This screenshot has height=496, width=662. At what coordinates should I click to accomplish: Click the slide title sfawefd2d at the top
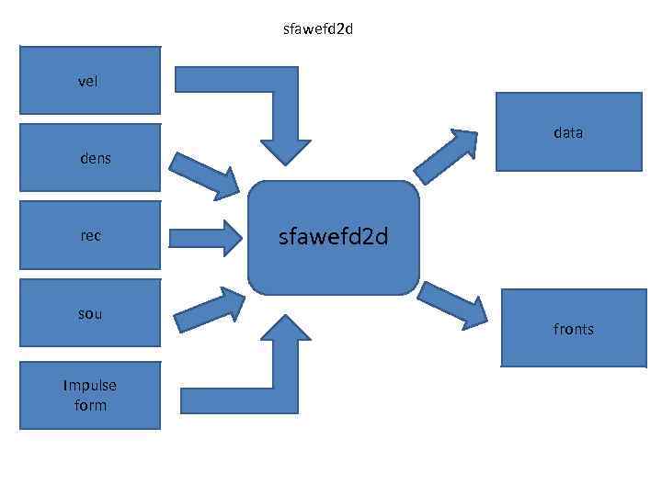pos(319,29)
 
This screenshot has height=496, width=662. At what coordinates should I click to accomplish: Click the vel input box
pos(90,81)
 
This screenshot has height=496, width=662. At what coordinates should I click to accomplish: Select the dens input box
pos(90,158)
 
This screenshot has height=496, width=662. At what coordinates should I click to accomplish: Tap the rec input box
pos(90,235)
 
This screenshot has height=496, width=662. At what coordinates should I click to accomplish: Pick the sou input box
pos(90,313)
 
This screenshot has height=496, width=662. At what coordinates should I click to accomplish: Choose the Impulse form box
pos(90,395)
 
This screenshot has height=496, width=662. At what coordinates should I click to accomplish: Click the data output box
pos(568,132)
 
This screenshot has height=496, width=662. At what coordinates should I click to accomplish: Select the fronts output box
pos(573,329)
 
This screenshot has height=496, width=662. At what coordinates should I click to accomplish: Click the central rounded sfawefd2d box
pos(333,238)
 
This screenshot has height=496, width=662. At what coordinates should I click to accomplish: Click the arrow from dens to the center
pos(204,174)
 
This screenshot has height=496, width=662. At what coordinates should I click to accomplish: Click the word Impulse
pos(90,385)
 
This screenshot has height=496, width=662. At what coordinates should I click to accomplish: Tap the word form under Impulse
pos(90,405)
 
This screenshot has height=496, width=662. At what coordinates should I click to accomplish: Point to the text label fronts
pos(573,329)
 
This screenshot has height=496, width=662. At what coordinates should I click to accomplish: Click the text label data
pos(568,132)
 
